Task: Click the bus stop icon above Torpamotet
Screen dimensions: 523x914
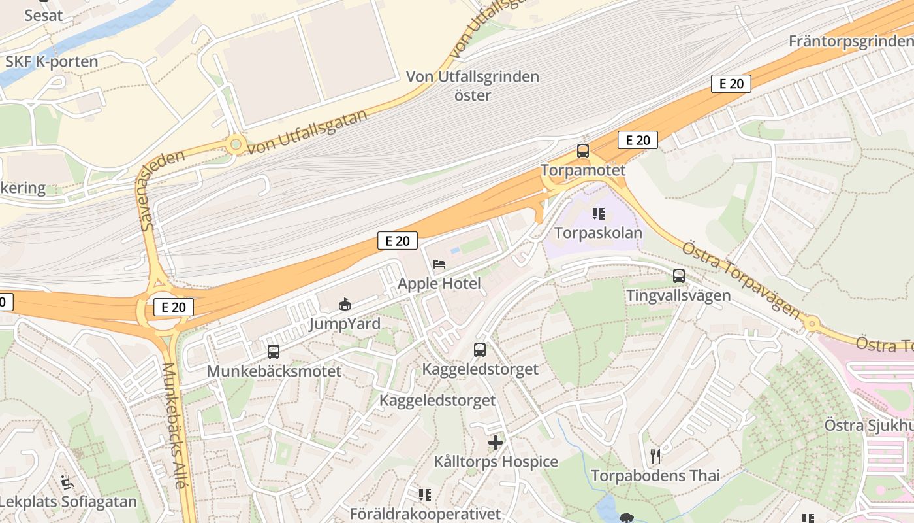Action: [x=582, y=151]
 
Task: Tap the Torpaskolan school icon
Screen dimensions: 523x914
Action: [x=598, y=214]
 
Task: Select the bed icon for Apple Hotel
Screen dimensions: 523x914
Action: [x=439, y=264]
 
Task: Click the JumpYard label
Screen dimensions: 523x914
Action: [x=344, y=324]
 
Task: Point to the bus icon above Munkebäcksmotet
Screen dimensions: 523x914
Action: [x=274, y=352]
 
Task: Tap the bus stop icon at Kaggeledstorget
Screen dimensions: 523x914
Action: [x=480, y=350]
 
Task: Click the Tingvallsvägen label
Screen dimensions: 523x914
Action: [x=678, y=295]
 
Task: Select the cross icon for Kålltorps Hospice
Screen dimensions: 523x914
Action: [x=496, y=443]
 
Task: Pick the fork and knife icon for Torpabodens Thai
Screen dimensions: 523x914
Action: [x=655, y=456]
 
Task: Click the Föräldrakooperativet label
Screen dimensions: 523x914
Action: [x=425, y=514]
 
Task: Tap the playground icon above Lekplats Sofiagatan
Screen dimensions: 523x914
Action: [x=67, y=482]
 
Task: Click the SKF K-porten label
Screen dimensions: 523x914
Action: [x=52, y=62]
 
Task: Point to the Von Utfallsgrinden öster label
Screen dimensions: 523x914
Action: [x=473, y=86]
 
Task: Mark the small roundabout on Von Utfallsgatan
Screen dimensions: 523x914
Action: [x=235, y=144]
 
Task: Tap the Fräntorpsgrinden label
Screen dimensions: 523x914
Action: [x=851, y=41]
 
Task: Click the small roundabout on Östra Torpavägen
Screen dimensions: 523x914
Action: [x=812, y=324]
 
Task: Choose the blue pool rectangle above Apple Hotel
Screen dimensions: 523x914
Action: [x=454, y=250]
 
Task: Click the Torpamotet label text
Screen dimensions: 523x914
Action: [x=582, y=170]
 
